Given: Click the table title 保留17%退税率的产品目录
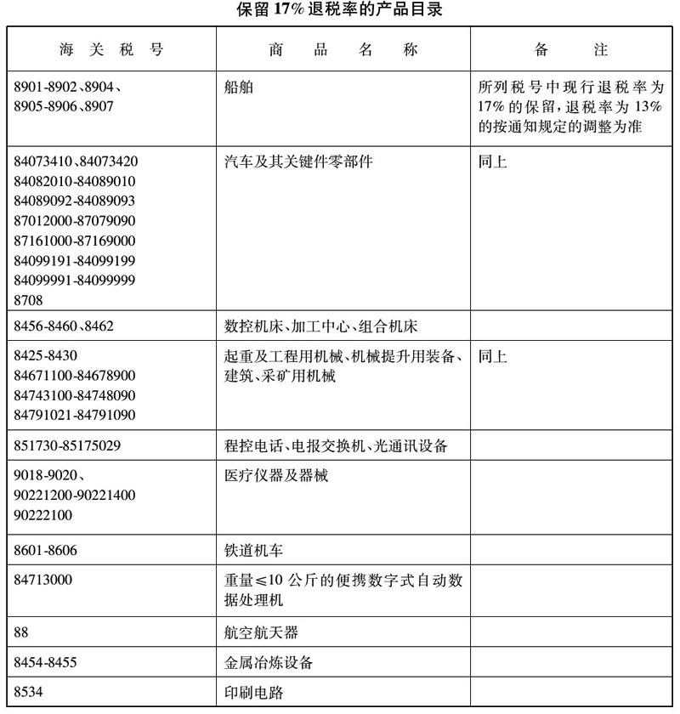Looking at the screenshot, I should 340,11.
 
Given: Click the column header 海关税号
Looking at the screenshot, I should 111,50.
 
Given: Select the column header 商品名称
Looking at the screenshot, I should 343,50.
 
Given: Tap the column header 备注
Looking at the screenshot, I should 571,50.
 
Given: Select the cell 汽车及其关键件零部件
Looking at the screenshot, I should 298,161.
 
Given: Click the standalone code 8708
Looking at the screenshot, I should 29,300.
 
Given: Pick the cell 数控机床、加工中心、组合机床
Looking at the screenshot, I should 320,327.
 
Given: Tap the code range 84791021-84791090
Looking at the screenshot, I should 75,416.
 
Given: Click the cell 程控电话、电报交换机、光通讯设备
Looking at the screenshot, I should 335,445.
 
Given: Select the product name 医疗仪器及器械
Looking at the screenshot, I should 276,475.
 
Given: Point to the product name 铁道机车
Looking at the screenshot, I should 252,550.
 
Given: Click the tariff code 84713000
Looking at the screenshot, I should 43,581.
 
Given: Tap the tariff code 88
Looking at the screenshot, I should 23,632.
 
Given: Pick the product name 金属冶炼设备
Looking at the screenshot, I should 265,662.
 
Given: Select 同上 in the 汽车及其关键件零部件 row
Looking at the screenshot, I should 493,161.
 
